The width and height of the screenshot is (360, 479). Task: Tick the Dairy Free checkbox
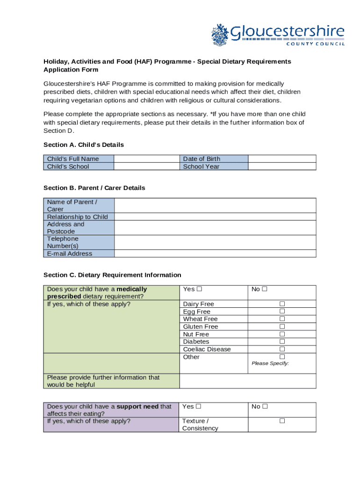tap(282, 304)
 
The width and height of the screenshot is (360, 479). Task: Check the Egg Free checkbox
tap(282, 312)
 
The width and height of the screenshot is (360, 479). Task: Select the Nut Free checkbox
tap(282, 334)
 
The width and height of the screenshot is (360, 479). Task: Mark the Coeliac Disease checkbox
tap(282, 349)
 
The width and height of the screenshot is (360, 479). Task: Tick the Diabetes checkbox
tap(282, 341)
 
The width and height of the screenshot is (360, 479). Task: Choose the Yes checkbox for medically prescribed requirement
tap(199, 289)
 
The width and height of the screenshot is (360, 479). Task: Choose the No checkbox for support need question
tap(265, 406)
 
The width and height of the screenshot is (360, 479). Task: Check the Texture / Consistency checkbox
tap(282, 421)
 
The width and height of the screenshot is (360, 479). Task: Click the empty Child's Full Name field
tap(147, 159)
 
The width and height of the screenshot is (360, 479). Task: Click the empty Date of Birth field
tap(281, 159)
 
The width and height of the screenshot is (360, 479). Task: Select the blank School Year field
tap(281, 167)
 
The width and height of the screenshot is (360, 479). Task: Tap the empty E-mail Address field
tap(215, 254)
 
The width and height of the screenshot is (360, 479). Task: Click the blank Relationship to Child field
tap(215, 217)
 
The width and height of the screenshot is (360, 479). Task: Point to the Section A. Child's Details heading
tap(84, 145)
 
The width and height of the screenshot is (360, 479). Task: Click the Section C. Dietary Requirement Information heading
tap(112, 275)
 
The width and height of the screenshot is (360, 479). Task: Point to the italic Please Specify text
tap(270, 363)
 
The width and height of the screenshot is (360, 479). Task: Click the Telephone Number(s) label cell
tap(79, 242)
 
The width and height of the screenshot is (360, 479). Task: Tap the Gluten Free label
tap(201, 327)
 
